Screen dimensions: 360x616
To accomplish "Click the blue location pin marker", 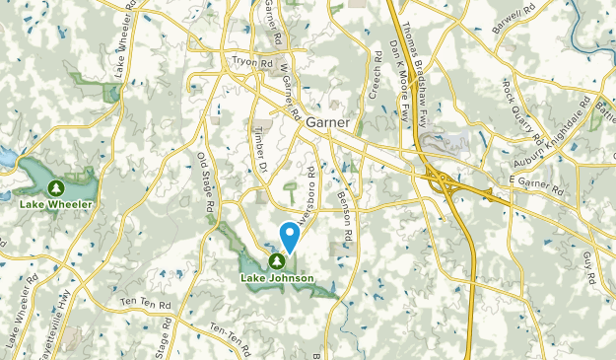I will (x=291, y=236).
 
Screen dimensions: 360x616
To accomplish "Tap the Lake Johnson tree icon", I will (x=277, y=261).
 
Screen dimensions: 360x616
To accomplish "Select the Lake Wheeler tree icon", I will (x=56, y=187).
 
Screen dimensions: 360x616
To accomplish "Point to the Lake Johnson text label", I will (x=277, y=278).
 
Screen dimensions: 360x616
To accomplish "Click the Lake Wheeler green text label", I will (x=56, y=204).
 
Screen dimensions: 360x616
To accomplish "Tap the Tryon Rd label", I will (x=251, y=61).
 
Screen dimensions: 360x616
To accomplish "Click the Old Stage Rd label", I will (x=205, y=185).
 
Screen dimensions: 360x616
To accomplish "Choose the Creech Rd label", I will (x=376, y=77).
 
